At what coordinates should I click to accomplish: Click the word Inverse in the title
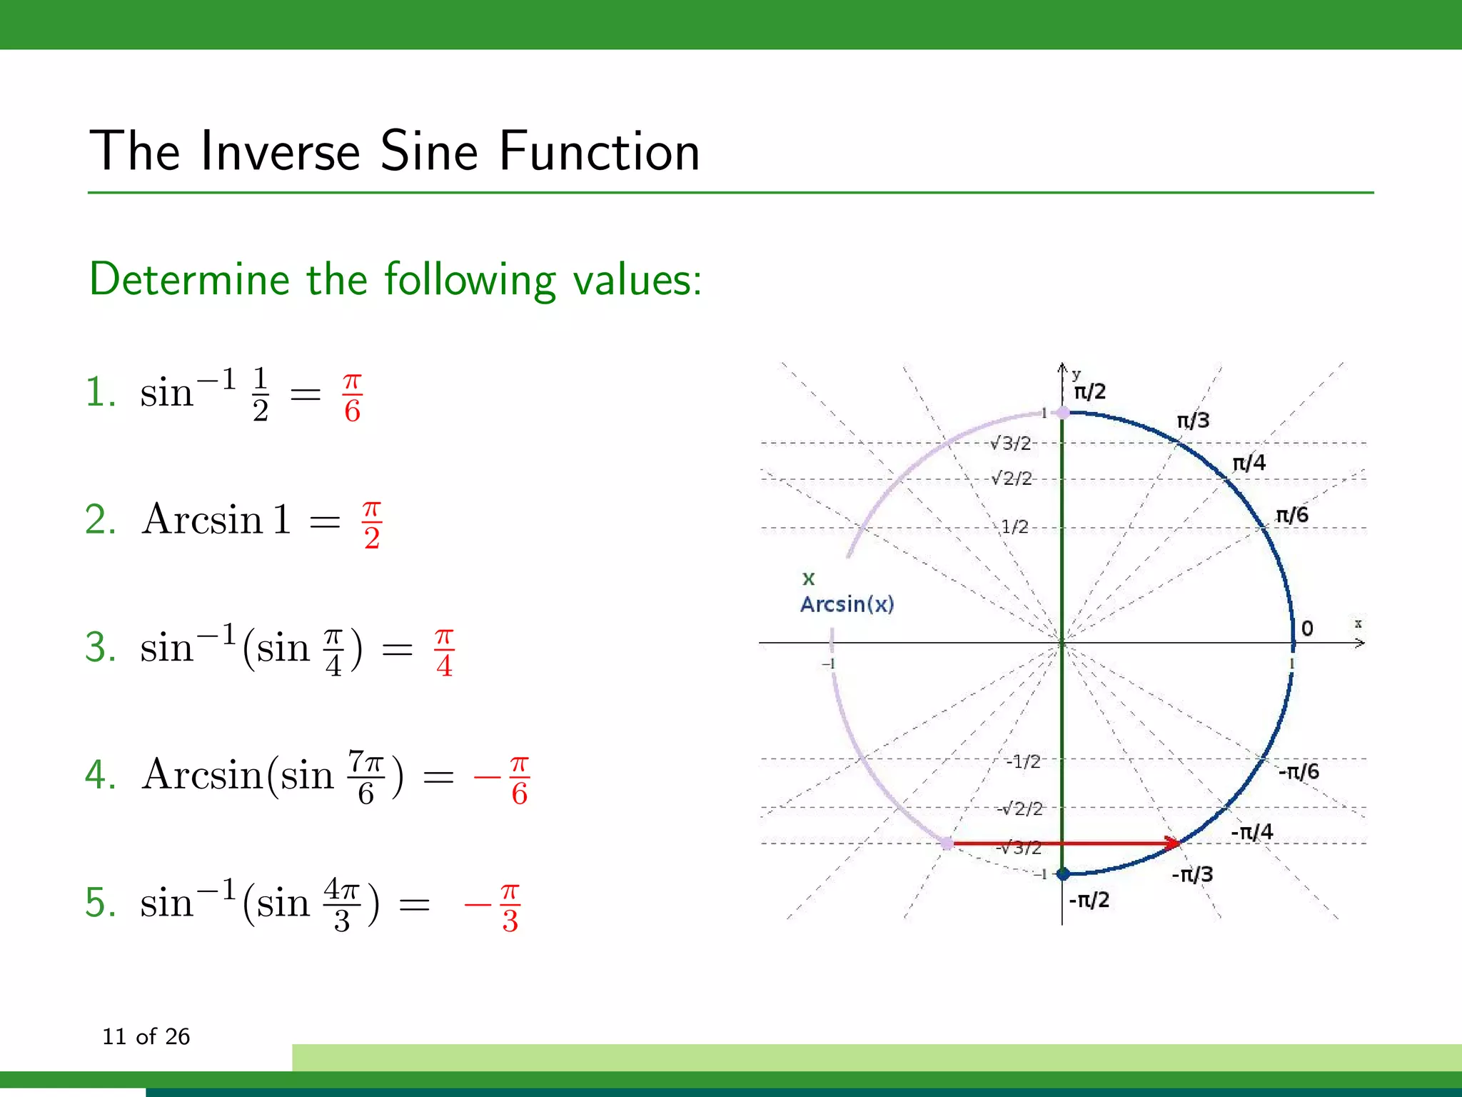click(280, 151)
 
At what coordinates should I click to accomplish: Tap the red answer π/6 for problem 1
click(352, 397)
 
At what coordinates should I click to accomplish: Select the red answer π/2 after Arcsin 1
click(371, 525)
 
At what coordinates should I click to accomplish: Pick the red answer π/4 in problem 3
click(444, 652)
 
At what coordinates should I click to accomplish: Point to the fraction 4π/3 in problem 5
click(341, 905)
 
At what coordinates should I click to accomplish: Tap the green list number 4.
click(100, 775)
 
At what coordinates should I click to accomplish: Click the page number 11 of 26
click(146, 1036)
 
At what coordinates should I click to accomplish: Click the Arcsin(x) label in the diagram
click(847, 604)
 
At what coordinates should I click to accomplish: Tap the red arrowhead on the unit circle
click(1171, 843)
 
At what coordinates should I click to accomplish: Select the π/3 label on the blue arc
click(1193, 421)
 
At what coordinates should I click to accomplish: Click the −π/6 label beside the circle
click(1299, 771)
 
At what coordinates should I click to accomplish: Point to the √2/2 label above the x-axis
click(1012, 478)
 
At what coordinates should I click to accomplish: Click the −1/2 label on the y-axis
click(1023, 761)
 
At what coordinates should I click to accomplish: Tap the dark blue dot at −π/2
click(1063, 873)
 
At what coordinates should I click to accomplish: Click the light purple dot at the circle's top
click(1063, 412)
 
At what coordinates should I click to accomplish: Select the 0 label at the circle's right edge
click(1307, 628)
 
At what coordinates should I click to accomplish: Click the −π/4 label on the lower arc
click(1252, 832)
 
